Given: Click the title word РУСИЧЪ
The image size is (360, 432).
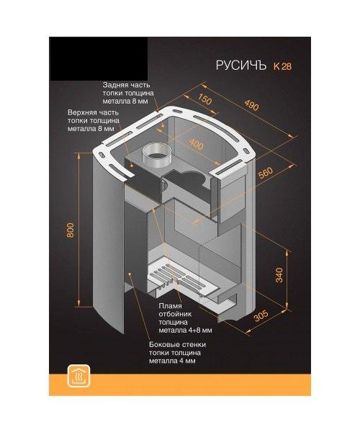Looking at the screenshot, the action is click(x=241, y=66).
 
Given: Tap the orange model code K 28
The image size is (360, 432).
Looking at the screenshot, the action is click(x=282, y=66).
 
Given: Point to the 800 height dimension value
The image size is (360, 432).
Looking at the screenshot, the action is click(x=71, y=230).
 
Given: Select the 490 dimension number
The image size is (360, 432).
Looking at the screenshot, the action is click(x=251, y=104).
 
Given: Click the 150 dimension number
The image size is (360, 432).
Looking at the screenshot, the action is click(x=205, y=99).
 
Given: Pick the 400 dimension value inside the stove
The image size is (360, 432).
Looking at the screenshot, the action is click(x=197, y=143).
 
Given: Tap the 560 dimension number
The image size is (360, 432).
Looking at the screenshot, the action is click(x=266, y=173).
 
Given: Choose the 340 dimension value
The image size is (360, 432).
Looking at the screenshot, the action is click(x=279, y=275).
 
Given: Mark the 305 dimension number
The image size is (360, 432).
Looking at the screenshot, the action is click(x=261, y=316).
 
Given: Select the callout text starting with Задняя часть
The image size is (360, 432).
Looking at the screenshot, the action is click(x=128, y=93).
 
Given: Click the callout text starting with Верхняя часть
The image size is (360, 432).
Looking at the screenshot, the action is click(x=94, y=120).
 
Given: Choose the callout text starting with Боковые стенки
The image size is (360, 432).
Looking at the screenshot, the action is click(x=177, y=353).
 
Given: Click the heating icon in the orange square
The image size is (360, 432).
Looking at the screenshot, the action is click(x=78, y=377).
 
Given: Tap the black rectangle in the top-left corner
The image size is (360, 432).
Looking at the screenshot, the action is click(x=99, y=59).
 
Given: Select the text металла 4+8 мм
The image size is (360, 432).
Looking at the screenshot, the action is click(x=185, y=330).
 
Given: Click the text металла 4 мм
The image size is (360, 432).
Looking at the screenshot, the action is click(x=172, y=361).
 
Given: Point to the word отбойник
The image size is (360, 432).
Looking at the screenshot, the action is click(x=175, y=314).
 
